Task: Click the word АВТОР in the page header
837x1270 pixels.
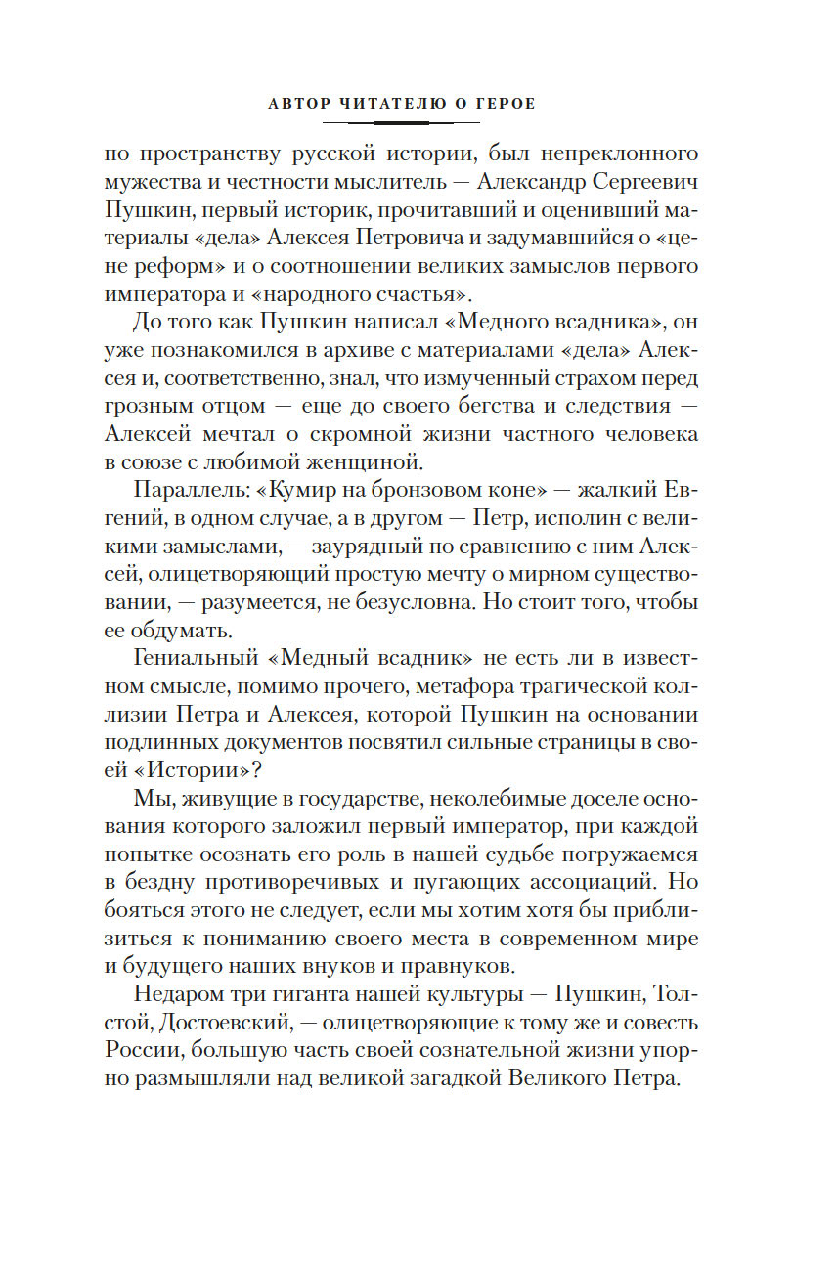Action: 298,103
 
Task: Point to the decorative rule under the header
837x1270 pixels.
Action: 401,122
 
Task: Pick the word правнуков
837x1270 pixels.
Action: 459,964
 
